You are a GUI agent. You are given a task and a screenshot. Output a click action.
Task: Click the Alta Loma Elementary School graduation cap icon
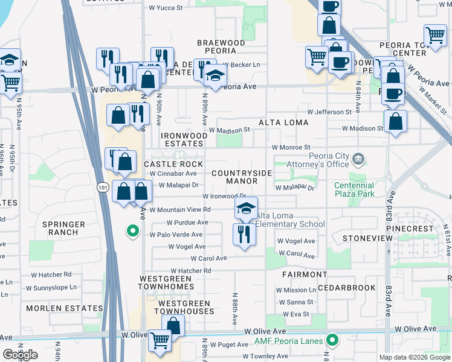tap(246, 209)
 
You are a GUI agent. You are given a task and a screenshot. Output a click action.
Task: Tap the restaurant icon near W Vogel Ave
tap(244, 233)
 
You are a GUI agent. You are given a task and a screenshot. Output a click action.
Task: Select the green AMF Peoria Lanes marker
tap(331, 340)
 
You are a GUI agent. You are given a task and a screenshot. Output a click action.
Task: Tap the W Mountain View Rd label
tap(180, 210)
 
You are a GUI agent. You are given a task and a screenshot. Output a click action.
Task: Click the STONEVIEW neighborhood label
tap(363, 239)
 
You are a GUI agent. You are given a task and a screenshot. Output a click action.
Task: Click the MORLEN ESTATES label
tap(65, 308)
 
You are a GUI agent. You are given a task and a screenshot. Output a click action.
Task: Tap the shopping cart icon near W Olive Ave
tap(160, 341)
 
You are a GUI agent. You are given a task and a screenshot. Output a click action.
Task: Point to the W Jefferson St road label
tap(329, 112)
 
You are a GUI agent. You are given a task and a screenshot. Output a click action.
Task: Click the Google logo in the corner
tap(20, 355)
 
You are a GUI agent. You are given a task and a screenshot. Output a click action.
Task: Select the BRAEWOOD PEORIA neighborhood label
tap(221, 47)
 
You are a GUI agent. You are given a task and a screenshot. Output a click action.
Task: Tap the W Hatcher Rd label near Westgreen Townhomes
tap(190, 271)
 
